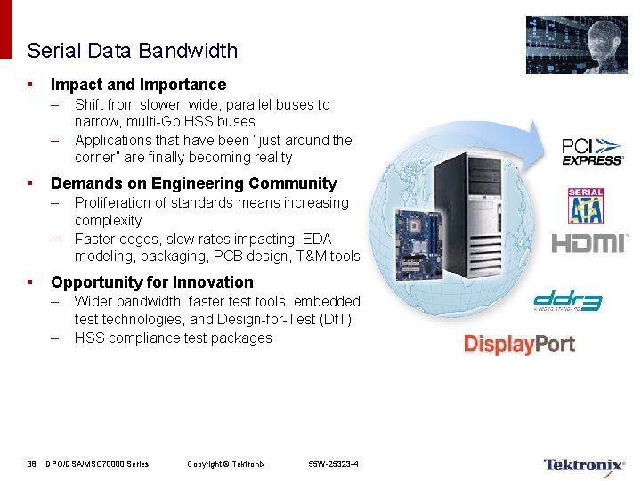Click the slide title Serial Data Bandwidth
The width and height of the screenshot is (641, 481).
click(132, 51)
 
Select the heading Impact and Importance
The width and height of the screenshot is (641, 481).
click(138, 85)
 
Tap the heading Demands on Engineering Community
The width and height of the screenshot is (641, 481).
click(193, 183)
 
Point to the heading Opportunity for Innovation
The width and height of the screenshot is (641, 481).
click(151, 282)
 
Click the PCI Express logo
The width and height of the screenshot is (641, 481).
click(592, 151)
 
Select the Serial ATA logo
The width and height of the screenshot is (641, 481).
click(586, 206)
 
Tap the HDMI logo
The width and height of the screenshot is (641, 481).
click(590, 243)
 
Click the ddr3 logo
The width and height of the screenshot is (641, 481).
click(567, 302)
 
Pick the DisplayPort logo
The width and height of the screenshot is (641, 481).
click(519, 345)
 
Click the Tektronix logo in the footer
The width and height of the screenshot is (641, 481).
click(583, 464)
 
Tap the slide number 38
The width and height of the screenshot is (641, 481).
click(31, 464)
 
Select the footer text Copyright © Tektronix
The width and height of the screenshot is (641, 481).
click(225, 464)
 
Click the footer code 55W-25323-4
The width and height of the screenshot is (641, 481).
click(333, 464)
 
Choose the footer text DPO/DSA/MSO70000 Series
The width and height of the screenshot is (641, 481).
click(97, 464)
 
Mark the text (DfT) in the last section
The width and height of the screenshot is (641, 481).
click(335, 320)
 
